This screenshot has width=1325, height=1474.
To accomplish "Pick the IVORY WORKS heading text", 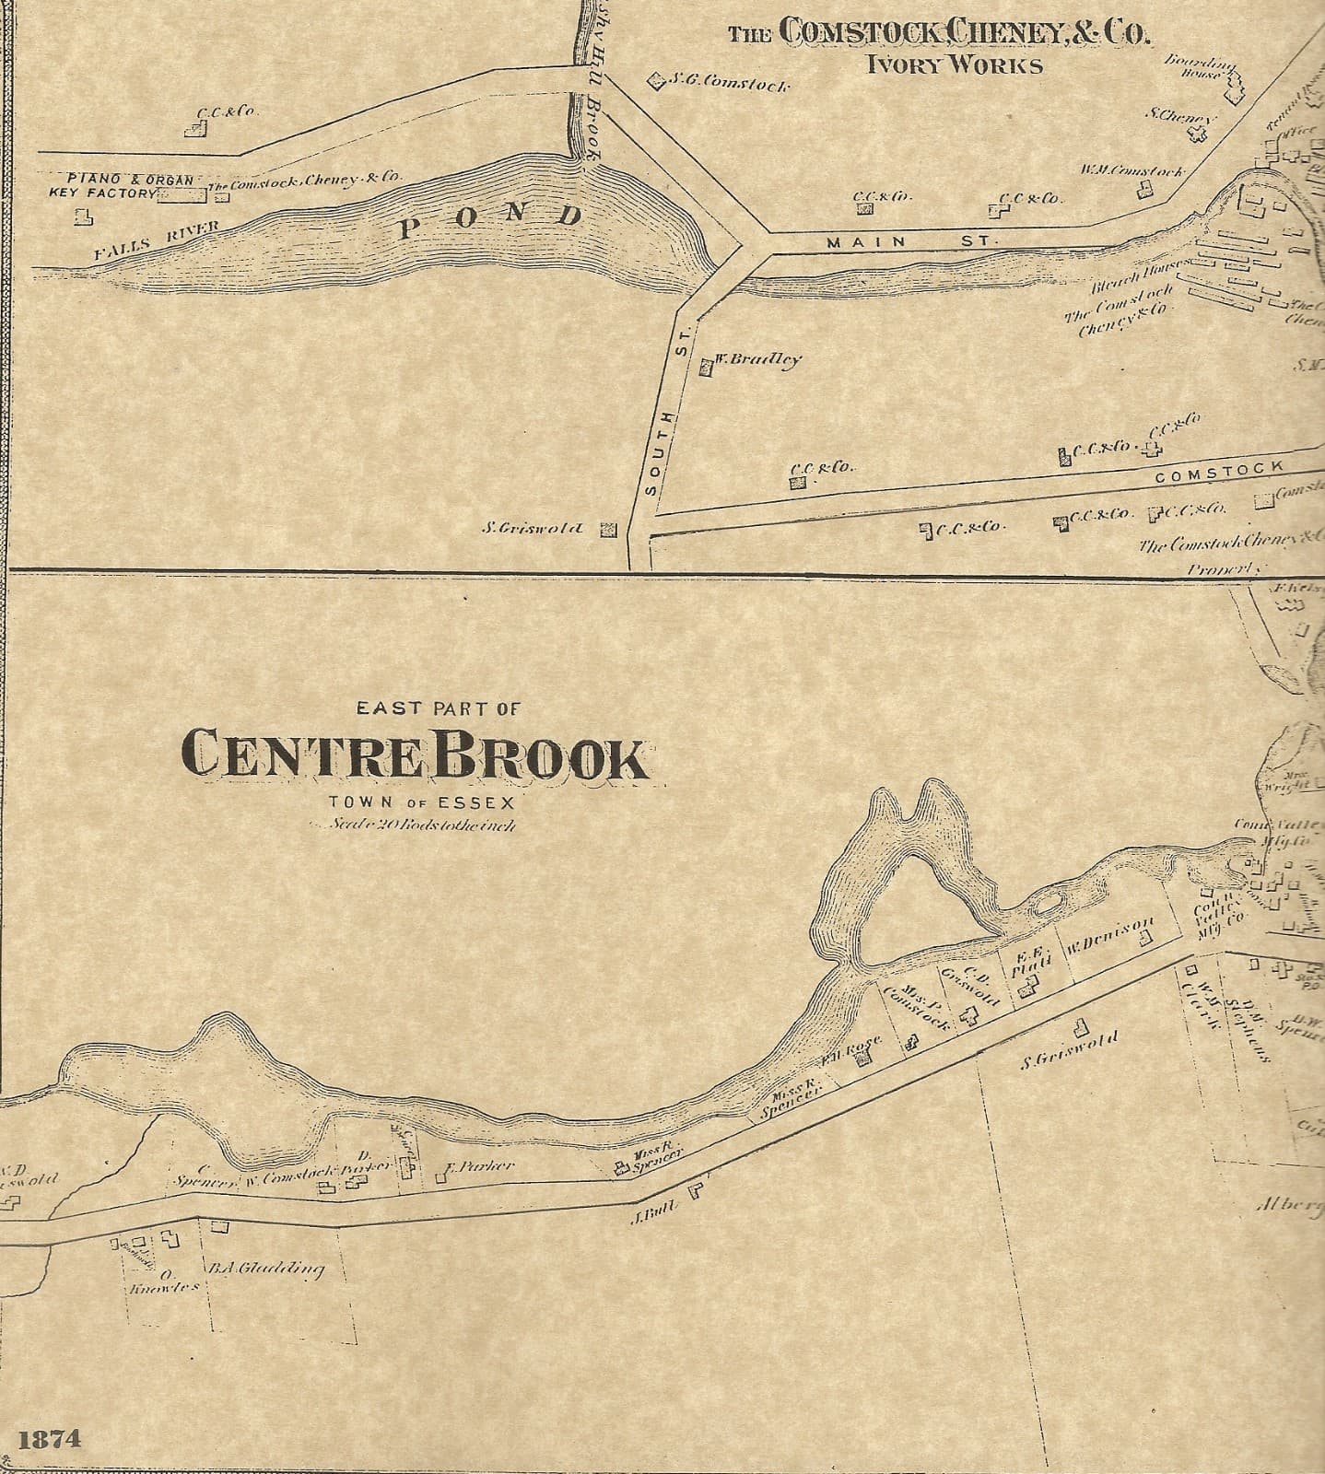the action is [x=954, y=65].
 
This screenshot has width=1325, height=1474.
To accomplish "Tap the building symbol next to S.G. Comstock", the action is [x=657, y=81].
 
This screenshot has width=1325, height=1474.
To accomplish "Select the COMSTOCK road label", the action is [x=1218, y=470].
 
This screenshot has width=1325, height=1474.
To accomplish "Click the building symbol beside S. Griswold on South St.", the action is [x=608, y=530].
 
